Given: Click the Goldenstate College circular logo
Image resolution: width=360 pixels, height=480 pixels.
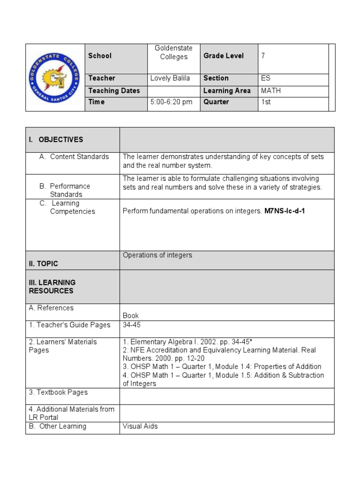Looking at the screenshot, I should pyautogui.click(x=55, y=78).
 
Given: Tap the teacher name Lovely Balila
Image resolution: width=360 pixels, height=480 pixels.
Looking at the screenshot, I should pyautogui.click(x=170, y=78).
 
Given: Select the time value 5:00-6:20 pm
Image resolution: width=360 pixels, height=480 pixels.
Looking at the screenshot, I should pyautogui.click(x=171, y=102).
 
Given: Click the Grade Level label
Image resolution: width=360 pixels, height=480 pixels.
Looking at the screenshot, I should pyautogui.click(x=224, y=56).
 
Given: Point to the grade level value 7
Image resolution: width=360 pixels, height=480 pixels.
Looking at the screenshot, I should pyautogui.click(x=263, y=56).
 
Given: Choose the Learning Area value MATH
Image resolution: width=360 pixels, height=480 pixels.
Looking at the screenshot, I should pyautogui.click(x=271, y=91).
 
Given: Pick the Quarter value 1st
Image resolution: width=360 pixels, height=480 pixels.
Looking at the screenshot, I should pyautogui.click(x=266, y=102).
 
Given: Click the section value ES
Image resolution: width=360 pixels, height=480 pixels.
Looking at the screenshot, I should pyautogui.click(x=266, y=78).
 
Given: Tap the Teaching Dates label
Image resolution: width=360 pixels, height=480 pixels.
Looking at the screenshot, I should pyautogui.click(x=114, y=91).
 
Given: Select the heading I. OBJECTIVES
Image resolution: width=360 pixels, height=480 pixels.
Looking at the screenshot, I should pyautogui.click(x=56, y=140).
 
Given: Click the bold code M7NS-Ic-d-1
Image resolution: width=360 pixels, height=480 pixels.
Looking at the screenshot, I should pyautogui.click(x=285, y=211).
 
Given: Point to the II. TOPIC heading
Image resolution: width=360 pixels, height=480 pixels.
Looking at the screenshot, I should pyautogui.click(x=44, y=264).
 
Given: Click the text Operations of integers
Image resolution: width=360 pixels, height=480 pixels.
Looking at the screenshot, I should pyautogui.click(x=157, y=255).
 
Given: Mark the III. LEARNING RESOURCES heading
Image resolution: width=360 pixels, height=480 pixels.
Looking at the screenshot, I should pyautogui.click(x=52, y=286).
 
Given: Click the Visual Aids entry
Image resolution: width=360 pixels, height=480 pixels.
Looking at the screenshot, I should pyautogui.click(x=140, y=427).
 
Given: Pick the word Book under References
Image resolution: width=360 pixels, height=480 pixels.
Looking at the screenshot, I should pyautogui.click(x=131, y=316).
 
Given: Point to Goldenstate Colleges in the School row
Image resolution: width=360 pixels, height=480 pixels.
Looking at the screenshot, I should pyautogui.click(x=173, y=52).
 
